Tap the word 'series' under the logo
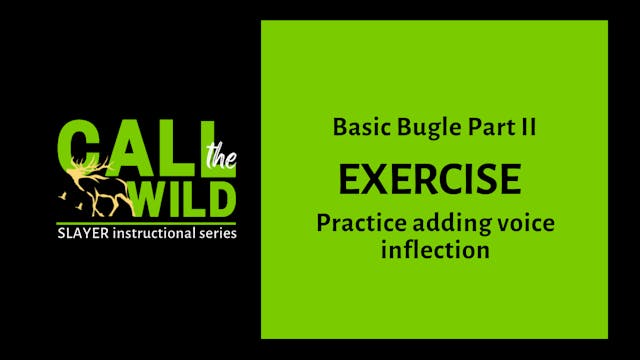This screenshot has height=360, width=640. click(215, 234)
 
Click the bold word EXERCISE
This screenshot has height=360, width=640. click(430, 179)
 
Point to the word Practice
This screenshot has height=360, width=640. click(357, 224)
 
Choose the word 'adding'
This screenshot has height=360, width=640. click(441, 225)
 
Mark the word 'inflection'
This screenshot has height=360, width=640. click(435, 249)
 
